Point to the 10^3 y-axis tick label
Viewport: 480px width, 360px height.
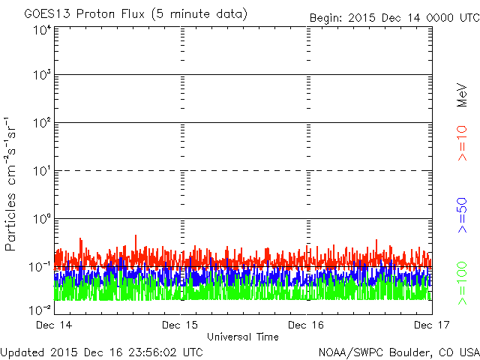coord(42,75)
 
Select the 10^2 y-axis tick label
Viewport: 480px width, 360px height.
coord(42,123)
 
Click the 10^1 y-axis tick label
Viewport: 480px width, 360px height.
coord(42,171)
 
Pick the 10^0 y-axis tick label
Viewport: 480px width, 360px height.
coord(42,219)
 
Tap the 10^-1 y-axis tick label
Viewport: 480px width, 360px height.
coord(40,267)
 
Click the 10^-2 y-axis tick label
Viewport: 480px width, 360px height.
coord(40,308)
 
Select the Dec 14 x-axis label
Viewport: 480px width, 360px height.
coord(54,325)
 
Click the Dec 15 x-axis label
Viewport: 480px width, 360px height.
coord(181,325)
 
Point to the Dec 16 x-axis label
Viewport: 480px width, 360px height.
coord(307,325)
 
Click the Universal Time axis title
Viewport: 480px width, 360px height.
coord(243,337)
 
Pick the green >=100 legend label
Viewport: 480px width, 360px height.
coord(463,282)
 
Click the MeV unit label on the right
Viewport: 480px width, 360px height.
coord(463,94)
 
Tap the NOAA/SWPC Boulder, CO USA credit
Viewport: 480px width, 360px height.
coord(398,351)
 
